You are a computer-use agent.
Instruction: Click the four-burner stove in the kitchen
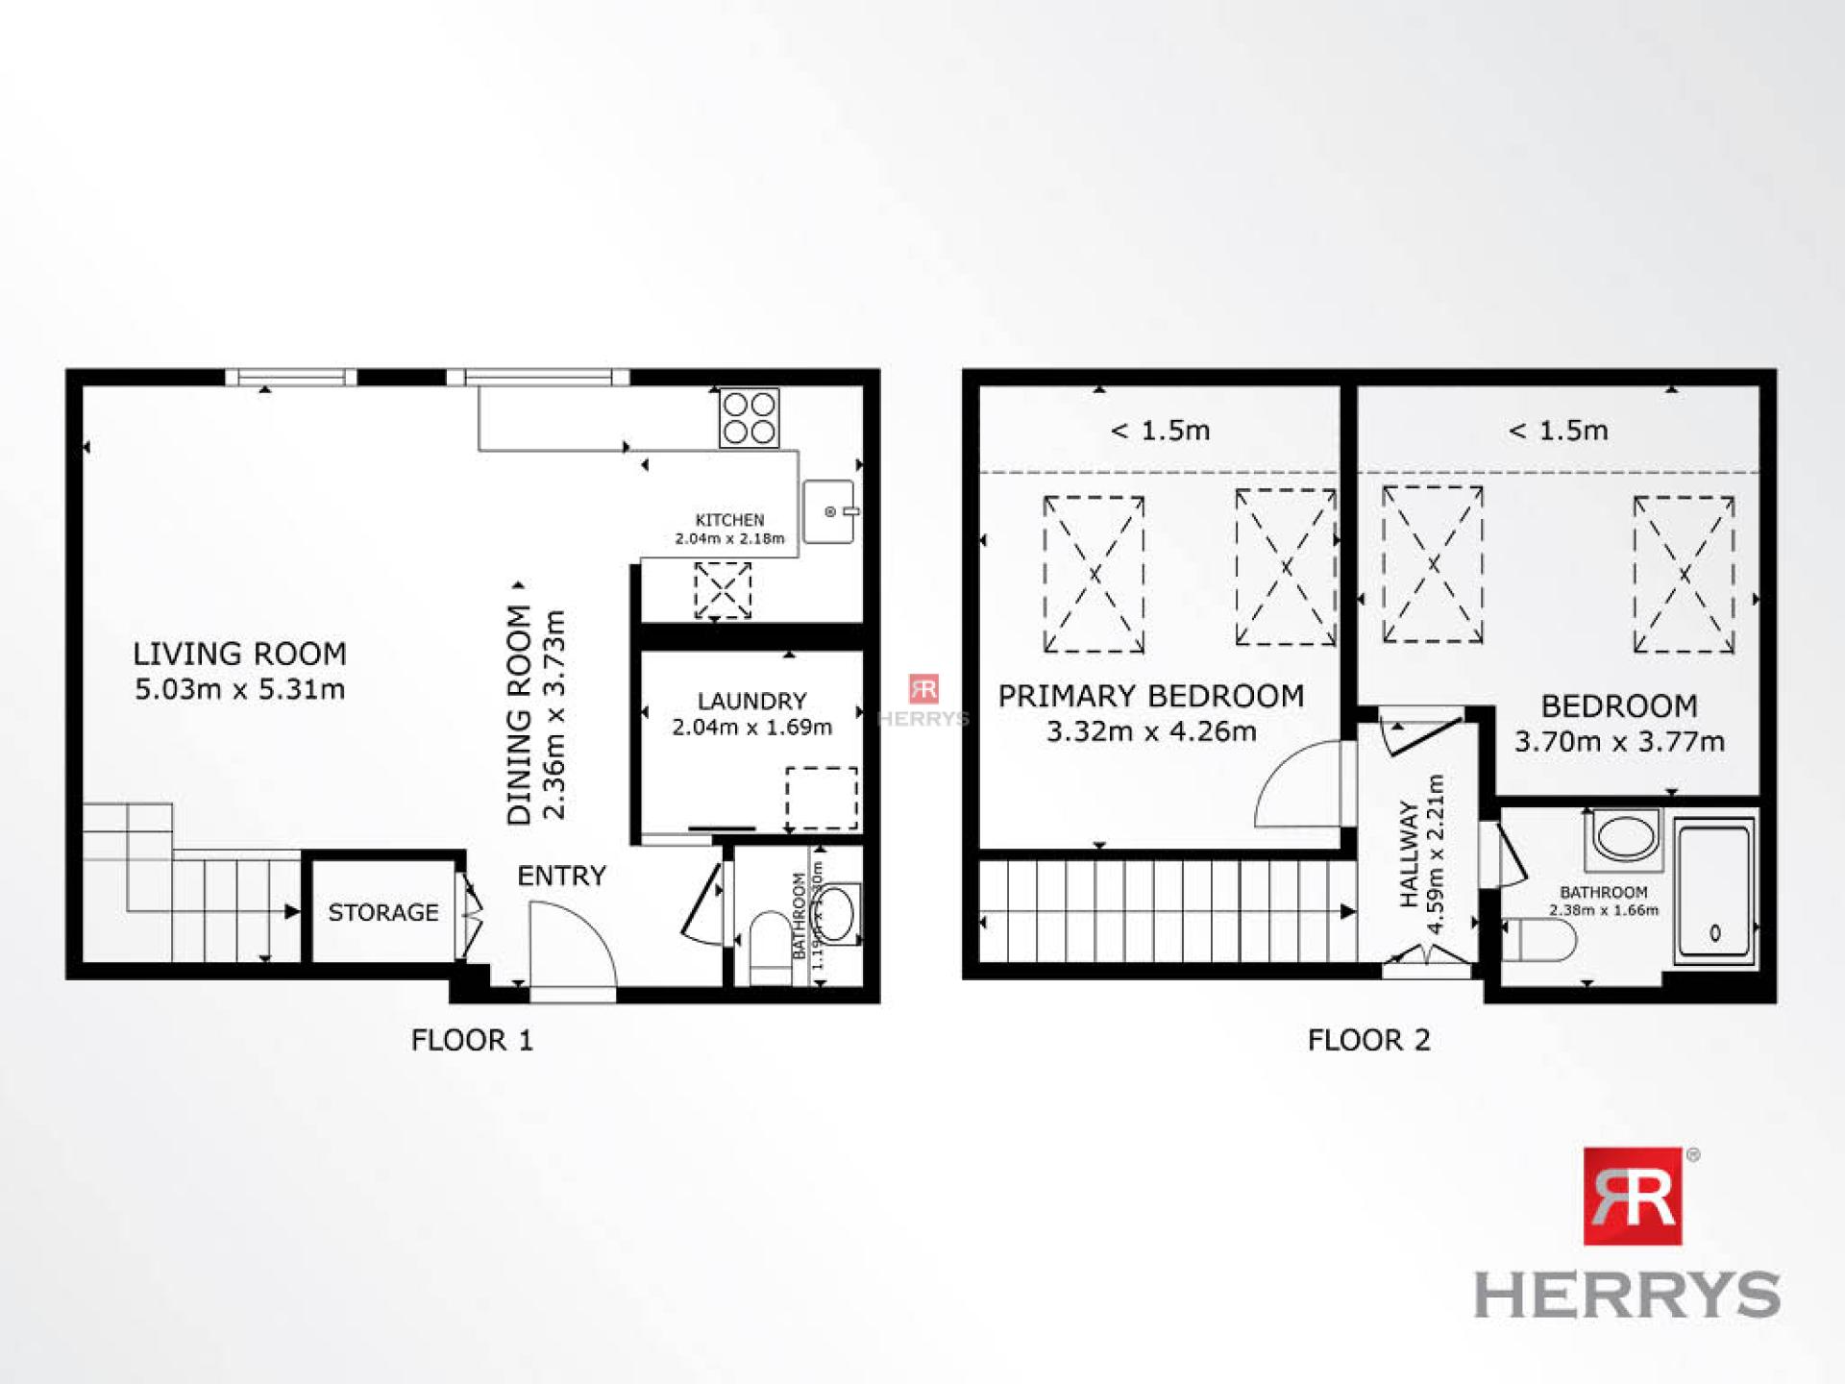tap(750, 418)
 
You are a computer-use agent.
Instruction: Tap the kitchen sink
tap(829, 511)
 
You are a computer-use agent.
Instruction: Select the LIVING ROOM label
tap(239, 655)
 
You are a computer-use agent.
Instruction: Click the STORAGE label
tap(382, 912)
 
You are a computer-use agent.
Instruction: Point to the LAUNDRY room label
tap(751, 702)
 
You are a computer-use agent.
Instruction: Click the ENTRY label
tap(561, 876)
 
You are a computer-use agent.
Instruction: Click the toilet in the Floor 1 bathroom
tap(769, 946)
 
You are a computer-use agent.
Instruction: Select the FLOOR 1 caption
tap(471, 1040)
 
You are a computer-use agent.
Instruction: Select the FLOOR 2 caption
tap(1368, 1040)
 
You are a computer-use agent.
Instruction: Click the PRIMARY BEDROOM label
tap(1151, 696)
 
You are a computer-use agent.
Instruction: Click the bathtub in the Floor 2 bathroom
tap(1714, 890)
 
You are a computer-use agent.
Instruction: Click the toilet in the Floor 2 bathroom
tap(1537, 940)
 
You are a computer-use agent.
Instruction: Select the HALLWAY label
tap(1409, 853)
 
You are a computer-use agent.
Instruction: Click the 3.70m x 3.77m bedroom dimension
tap(1619, 742)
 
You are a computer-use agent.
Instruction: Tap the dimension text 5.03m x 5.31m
tap(239, 689)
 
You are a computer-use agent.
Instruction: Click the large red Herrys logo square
tap(1633, 1196)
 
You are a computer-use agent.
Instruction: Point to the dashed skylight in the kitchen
tap(723, 590)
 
